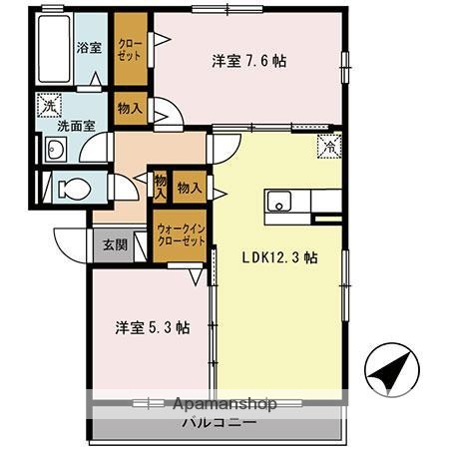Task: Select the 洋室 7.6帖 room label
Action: tap(248, 61)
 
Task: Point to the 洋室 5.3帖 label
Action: tap(153, 326)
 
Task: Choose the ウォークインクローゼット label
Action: tap(181, 235)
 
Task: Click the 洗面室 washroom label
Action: tap(76, 127)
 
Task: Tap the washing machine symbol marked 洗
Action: tap(50, 103)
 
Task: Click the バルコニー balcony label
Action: tap(219, 423)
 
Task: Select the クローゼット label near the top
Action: tap(130, 50)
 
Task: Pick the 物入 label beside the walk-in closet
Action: tap(189, 187)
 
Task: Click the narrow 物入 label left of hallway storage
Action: tap(160, 187)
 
